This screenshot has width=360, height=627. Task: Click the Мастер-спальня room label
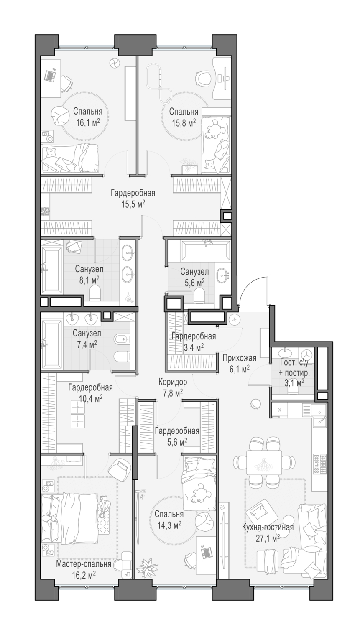pyautogui.click(x=84, y=563)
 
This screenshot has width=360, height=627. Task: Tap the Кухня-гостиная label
pyautogui.click(x=268, y=528)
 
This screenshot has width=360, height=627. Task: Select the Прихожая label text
pyautogui.click(x=240, y=358)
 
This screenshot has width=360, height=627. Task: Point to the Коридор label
pyautogui.click(x=173, y=382)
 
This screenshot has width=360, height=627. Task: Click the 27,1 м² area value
pyautogui.click(x=268, y=538)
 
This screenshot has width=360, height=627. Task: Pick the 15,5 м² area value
pyautogui.click(x=133, y=204)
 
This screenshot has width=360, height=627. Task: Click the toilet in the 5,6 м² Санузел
pyautogui.click(x=199, y=296)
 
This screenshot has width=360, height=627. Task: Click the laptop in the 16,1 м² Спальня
pyautogui.click(x=51, y=75)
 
